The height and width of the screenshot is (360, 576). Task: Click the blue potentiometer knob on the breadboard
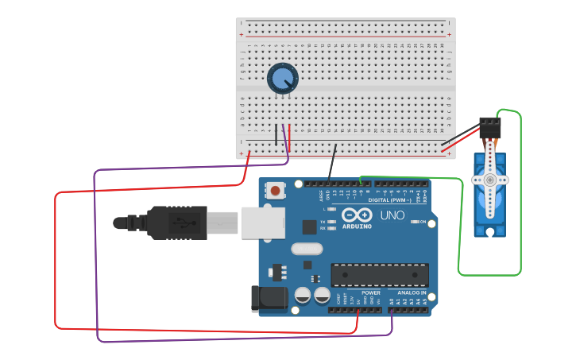[x=282, y=78]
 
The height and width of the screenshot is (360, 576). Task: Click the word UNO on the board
[x=392, y=215]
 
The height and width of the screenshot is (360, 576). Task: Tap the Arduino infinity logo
[x=357, y=215]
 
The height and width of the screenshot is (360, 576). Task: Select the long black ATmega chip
[x=379, y=275]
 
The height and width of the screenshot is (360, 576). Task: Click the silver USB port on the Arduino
[x=263, y=223]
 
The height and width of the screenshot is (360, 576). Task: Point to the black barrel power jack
[x=268, y=299]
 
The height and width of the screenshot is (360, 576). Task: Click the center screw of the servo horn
[x=490, y=180]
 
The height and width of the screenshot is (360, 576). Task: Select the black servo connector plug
[x=490, y=127]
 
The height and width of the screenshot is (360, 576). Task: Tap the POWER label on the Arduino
[x=370, y=292]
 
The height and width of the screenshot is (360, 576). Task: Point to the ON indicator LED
[x=414, y=221]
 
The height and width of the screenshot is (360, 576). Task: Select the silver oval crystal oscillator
[x=307, y=249]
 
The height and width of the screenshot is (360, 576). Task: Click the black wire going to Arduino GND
[x=332, y=163]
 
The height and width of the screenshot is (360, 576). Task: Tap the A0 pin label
[x=392, y=301]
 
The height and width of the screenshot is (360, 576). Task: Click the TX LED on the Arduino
[x=331, y=222]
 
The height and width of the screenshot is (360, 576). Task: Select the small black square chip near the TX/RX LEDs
[x=310, y=226]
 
